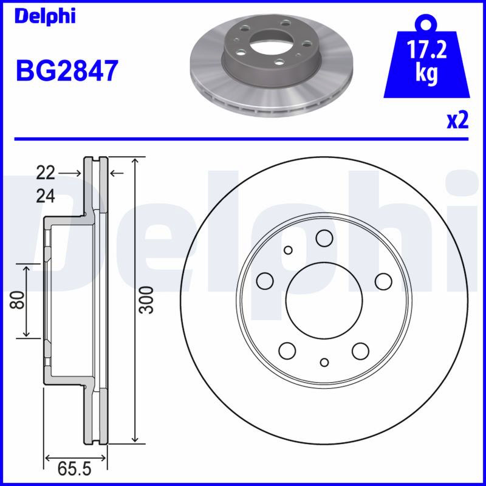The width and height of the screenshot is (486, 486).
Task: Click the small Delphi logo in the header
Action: (x=45, y=16)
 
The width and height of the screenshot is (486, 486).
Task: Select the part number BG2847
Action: (x=67, y=71)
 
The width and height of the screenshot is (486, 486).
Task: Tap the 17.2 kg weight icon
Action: (x=426, y=55)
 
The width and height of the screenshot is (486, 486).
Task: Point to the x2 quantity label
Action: (x=457, y=120)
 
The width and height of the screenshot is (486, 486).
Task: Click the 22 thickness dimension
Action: (x=46, y=173)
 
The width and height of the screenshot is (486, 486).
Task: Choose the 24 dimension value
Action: (x=46, y=196)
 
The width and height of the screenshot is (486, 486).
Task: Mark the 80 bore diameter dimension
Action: (x=18, y=300)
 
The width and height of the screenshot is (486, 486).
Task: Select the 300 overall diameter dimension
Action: (x=146, y=300)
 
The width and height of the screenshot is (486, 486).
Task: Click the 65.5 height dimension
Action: (x=74, y=469)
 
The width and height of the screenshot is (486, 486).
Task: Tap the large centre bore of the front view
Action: (x=324, y=301)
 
